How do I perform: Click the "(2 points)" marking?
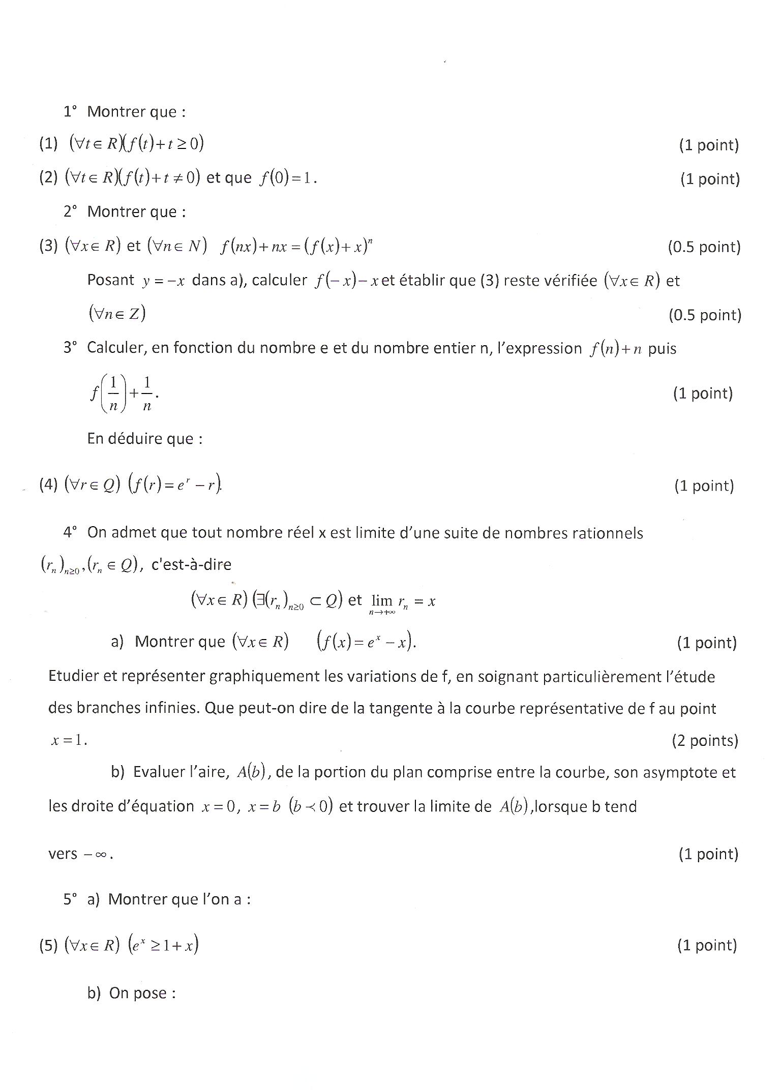(704, 740)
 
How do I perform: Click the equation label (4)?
(48, 485)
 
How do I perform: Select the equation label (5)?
(48, 945)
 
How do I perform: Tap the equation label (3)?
(48, 246)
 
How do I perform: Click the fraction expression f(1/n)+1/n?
(122, 393)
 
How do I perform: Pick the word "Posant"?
(110, 280)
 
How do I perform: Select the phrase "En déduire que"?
(144, 439)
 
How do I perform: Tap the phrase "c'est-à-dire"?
(191, 564)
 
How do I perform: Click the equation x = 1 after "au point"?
(69, 740)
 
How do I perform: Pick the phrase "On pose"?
(142, 993)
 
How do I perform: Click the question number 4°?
(70, 532)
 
